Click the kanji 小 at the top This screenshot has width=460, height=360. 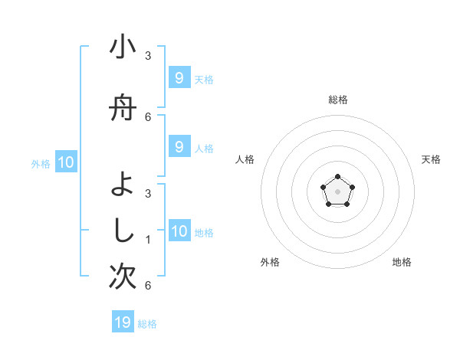[123, 48]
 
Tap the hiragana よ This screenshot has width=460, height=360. [123, 185]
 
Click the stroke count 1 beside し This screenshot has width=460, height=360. [148, 240]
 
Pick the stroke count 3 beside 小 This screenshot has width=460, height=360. [148, 56]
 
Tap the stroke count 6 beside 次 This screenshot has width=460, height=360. [148, 286]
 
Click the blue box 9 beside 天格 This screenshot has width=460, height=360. [179, 78]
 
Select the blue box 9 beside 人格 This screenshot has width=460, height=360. [179, 146]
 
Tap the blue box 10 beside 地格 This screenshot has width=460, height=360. [179, 231]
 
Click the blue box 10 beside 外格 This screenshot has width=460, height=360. [65, 162]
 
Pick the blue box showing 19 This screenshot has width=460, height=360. [123, 322]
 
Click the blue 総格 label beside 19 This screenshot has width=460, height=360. [147, 324]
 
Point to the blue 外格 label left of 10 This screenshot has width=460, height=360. [41, 163]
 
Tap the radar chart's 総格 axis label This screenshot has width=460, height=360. [337, 100]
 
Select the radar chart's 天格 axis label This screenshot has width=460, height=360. [431, 159]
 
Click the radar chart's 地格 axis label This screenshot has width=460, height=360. [402, 263]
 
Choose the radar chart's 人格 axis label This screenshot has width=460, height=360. [245, 159]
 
